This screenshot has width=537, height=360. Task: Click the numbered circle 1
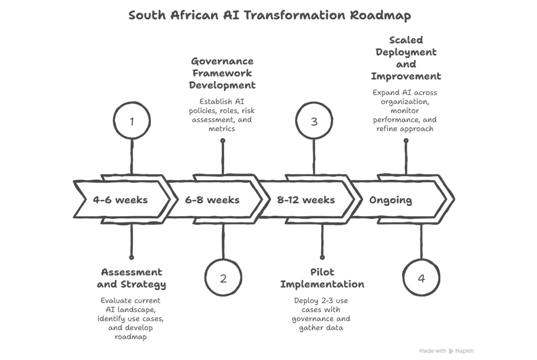[x=132, y=122]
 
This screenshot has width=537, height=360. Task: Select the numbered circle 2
[x=223, y=278]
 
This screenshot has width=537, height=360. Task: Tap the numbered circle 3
[x=314, y=122]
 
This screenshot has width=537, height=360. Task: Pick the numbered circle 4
[x=421, y=278]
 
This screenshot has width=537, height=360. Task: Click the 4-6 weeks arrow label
[x=120, y=200]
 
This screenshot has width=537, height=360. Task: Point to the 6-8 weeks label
[x=212, y=200]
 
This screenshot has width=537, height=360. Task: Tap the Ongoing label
[x=390, y=200]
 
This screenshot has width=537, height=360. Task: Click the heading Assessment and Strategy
[x=131, y=278]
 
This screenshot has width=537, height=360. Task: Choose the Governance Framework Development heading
[x=223, y=73]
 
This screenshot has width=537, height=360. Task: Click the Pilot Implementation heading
[x=322, y=278]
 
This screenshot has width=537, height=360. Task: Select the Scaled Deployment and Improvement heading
[x=406, y=58]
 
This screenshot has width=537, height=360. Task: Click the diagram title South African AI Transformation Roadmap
[x=270, y=15]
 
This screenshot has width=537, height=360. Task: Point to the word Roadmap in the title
[x=380, y=15]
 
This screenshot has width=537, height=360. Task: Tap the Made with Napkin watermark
[x=446, y=351]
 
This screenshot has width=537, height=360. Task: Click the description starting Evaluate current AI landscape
[x=131, y=319]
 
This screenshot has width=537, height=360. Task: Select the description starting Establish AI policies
[x=223, y=115]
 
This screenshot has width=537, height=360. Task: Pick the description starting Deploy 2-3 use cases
[x=321, y=314]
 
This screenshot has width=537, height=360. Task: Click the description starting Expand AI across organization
[x=405, y=110]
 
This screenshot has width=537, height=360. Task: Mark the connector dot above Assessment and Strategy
[x=131, y=257]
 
